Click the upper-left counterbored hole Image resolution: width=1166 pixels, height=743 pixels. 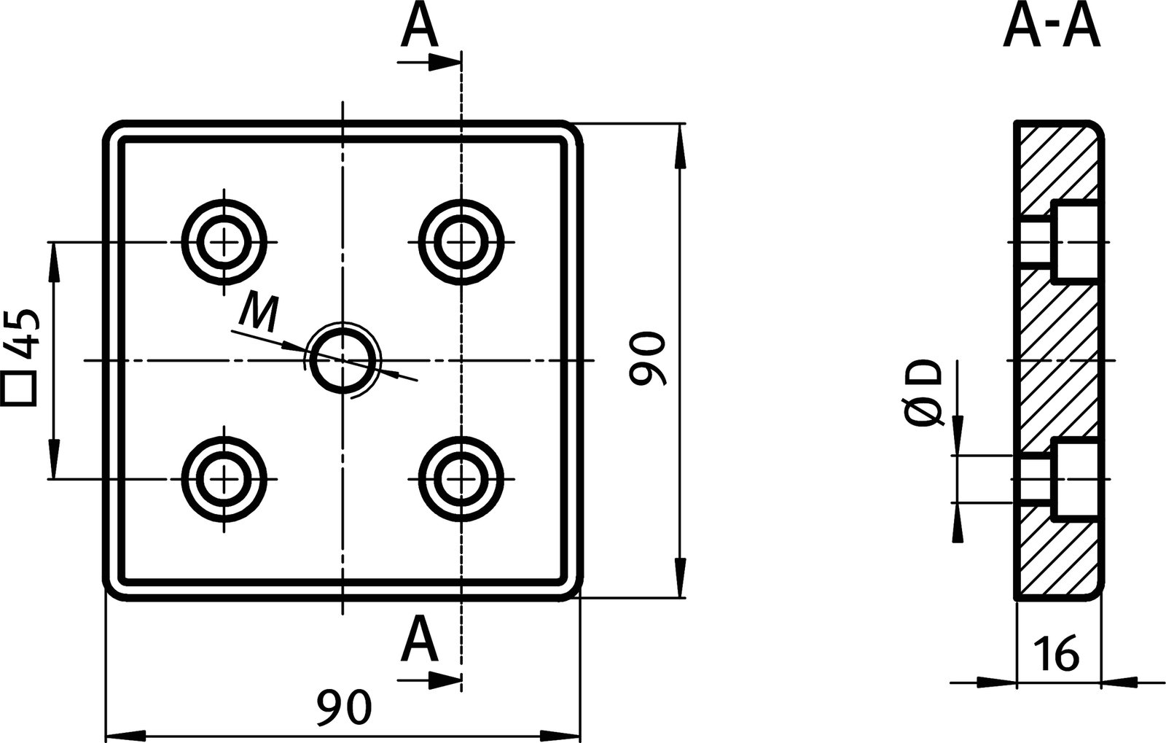225,242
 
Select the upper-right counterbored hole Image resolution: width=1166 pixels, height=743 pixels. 460,242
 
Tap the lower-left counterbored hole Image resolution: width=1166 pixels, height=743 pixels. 225,478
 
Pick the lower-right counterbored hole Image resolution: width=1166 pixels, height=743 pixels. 460,478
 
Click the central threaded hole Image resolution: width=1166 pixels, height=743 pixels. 343,360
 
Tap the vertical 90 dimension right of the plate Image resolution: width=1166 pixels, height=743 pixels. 647,359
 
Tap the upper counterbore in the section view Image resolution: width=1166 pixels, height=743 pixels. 1076,242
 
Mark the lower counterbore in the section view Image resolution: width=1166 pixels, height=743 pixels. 1076,478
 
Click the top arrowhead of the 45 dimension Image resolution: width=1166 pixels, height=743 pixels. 53,259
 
